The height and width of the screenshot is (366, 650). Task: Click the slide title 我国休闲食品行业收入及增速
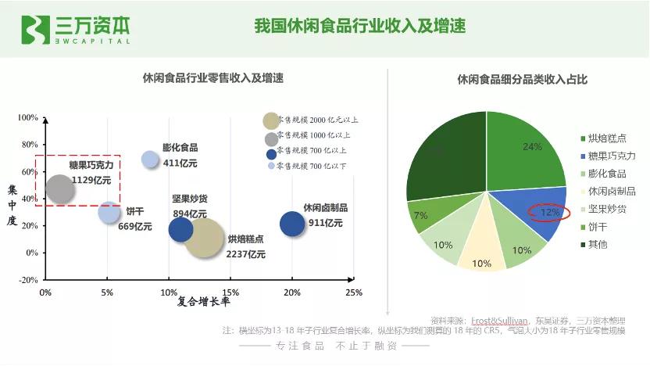tap(360, 27)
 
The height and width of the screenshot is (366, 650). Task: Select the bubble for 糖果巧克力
tap(60, 188)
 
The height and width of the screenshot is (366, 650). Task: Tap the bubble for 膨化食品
tap(151, 160)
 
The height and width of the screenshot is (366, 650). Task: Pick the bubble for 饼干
tap(109, 212)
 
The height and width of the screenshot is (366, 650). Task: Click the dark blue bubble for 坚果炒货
tap(180, 229)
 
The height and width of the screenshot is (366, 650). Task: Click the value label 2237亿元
tap(246, 254)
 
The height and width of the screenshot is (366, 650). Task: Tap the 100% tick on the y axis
tap(28, 118)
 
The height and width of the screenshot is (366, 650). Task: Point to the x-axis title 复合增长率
tap(203, 301)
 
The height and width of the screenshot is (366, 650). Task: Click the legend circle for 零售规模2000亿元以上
tap(271, 120)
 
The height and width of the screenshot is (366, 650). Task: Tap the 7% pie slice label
tap(420, 215)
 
